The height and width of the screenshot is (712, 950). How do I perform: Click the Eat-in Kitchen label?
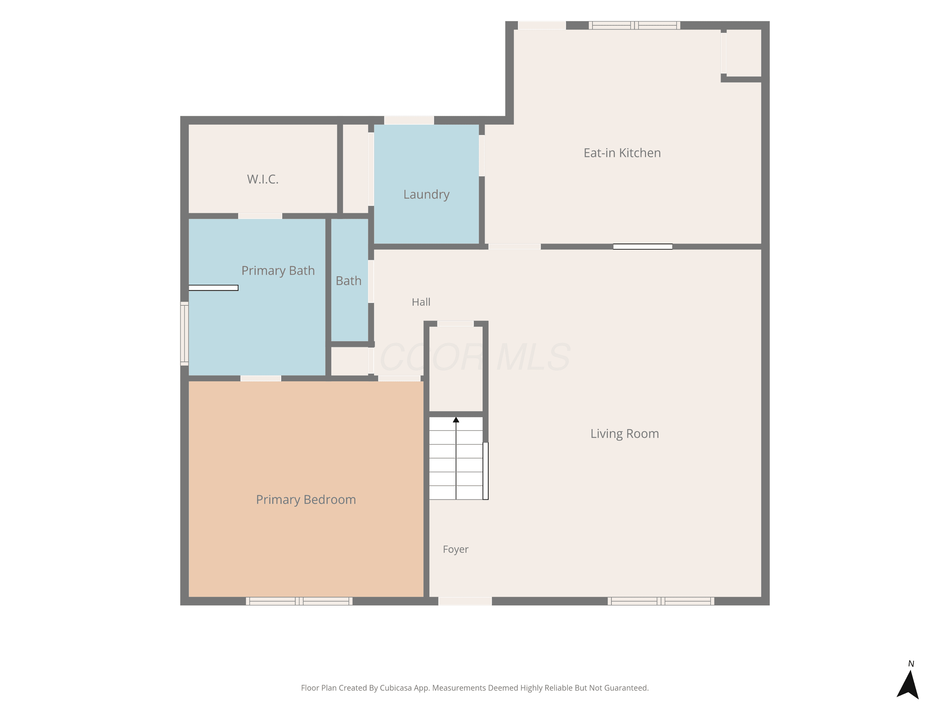pyautogui.click(x=622, y=153)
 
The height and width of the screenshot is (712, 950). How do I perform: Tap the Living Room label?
pyautogui.click(x=624, y=434)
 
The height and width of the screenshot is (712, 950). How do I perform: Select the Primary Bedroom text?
pyautogui.click(x=306, y=500)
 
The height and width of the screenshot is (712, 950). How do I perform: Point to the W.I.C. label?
pyautogui.click(x=263, y=179)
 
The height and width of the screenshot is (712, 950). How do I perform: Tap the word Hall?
pyautogui.click(x=421, y=302)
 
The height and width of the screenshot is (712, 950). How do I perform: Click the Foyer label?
pyautogui.click(x=455, y=549)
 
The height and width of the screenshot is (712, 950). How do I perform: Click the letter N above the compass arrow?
pyautogui.click(x=911, y=664)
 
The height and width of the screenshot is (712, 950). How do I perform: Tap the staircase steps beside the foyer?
pyautogui.click(x=456, y=458)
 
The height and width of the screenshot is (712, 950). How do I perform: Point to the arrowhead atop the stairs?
pyautogui.click(x=456, y=420)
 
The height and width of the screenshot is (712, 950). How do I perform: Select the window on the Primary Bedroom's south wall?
pyautogui.click(x=299, y=601)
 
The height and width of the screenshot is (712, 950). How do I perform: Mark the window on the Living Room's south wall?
pyautogui.click(x=661, y=601)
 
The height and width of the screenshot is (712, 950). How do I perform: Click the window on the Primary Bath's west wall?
pyautogui.click(x=184, y=334)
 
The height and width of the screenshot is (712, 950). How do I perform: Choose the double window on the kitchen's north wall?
pyautogui.click(x=634, y=25)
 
